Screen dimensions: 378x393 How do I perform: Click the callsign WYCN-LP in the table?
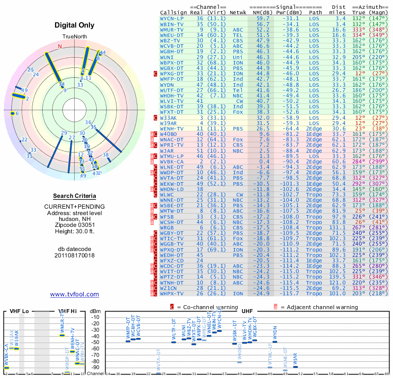pyautogui.click(x=171, y=18)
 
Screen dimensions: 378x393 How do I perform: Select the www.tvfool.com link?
pyautogui.click(x=74, y=294)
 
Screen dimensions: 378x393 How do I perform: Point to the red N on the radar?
pyautogui.click(x=60, y=47)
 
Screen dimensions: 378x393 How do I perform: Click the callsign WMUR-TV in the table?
pyautogui.click(x=171, y=30)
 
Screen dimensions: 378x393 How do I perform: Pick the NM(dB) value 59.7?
pyautogui.click(x=263, y=18)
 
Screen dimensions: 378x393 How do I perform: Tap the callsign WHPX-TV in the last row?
pyautogui.click(x=171, y=293)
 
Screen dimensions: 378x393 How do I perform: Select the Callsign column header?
pyautogui.click(x=173, y=12)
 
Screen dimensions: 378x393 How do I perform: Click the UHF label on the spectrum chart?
pyautogui.click(x=247, y=312)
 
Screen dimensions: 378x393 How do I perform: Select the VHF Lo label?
pyautogui.click(x=19, y=312)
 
